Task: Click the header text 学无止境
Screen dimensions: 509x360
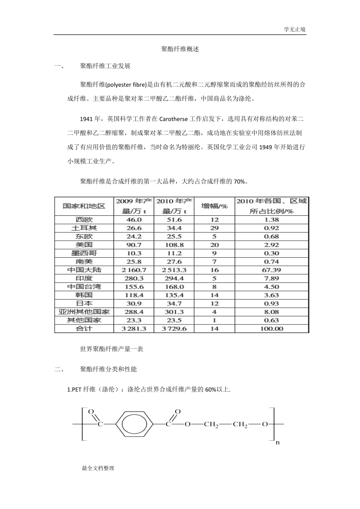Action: [x=295, y=29]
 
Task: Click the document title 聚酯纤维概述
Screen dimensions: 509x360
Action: [x=180, y=49]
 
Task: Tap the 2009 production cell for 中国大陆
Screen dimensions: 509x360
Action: [x=134, y=270]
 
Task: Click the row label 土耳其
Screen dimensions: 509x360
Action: [x=84, y=228]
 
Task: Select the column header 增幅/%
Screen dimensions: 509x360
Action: [x=214, y=206]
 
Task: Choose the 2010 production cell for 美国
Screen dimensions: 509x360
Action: [x=174, y=245]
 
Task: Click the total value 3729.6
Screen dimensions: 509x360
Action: [x=174, y=329]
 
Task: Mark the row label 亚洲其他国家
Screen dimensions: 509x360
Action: [x=84, y=312]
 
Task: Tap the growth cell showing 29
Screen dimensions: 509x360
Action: [x=214, y=228]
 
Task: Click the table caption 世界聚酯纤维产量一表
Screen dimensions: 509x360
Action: [x=112, y=349]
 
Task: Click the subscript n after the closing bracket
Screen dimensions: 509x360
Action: [x=278, y=443]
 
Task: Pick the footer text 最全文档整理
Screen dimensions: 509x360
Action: [x=98, y=468]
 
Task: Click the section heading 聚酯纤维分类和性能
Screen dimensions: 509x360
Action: [x=108, y=369]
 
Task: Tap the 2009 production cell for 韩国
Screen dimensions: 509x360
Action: [x=134, y=295]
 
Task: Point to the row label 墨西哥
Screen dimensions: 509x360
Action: [x=84, y=253]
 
